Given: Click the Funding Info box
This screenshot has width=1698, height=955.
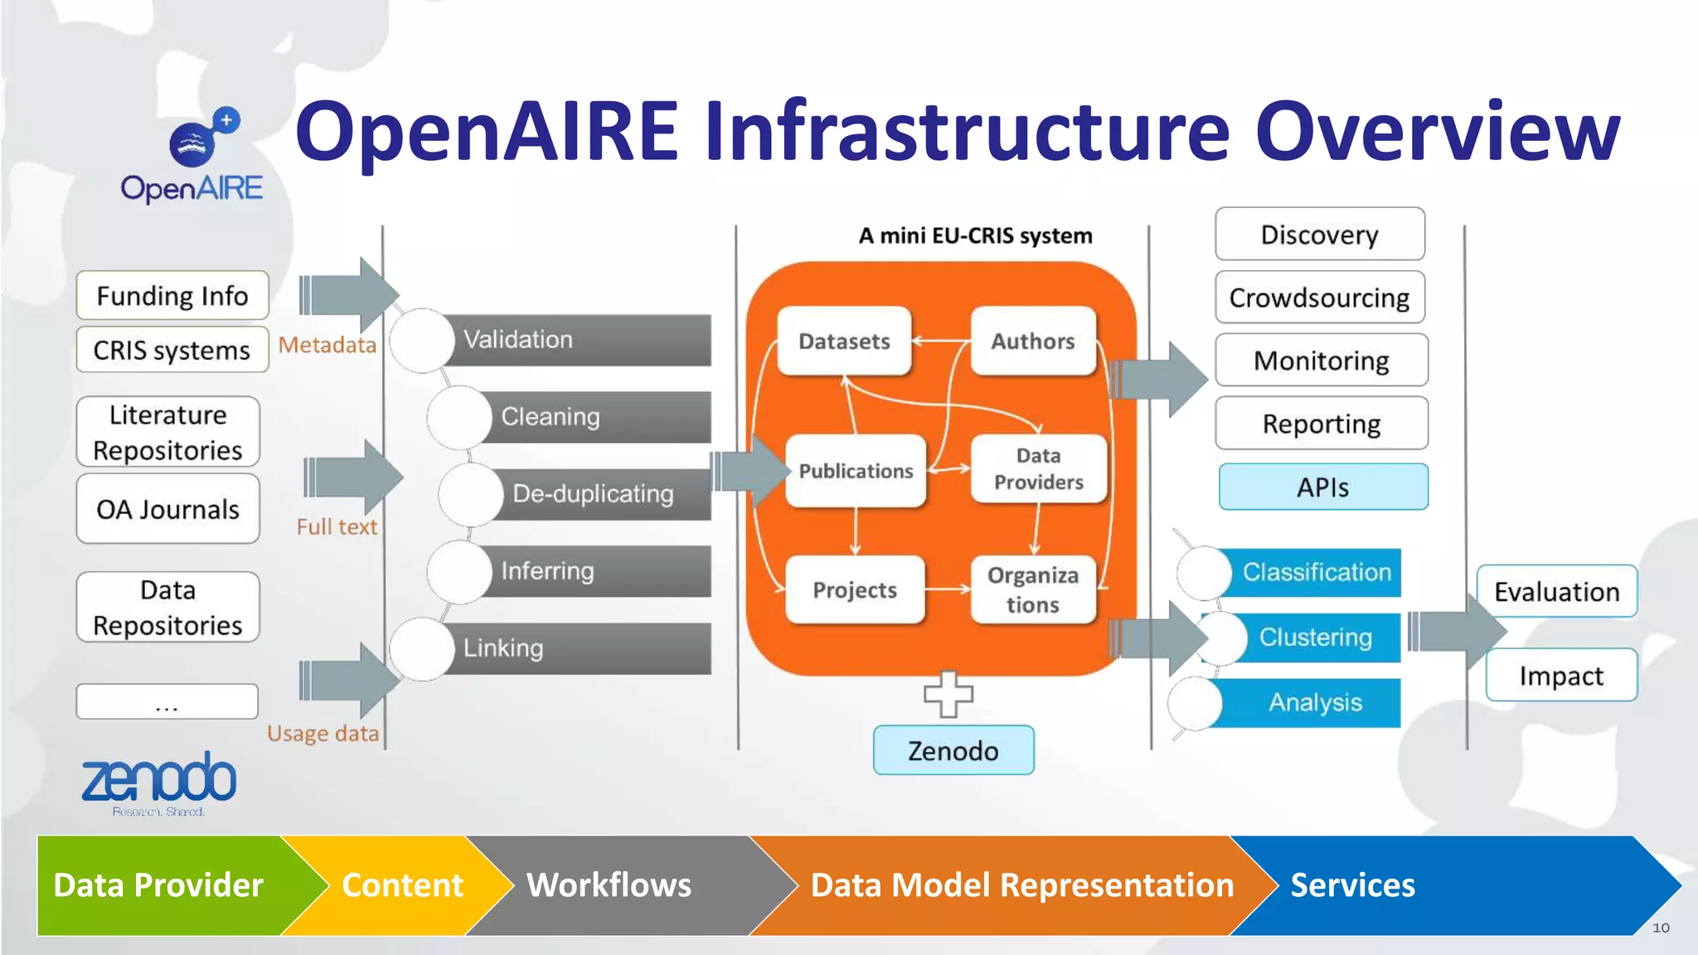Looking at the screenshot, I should pos(172,295).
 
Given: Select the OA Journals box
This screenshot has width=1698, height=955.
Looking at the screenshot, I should pos(167,509).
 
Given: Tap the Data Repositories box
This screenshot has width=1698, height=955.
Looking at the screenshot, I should pos(167,607).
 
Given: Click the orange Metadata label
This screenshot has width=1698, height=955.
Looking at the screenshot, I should pos(327,345).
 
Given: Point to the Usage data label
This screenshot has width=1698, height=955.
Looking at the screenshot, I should pos(323,733).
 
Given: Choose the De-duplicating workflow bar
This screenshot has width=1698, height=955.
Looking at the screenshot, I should pos(593,494).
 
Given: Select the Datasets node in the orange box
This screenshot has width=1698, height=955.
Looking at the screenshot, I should pos(844,341).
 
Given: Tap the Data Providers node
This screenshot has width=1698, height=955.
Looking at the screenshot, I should pos(1038,468).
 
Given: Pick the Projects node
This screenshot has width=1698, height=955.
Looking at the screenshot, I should pos(854,589).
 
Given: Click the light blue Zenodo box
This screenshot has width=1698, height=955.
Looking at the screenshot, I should pos(953,750).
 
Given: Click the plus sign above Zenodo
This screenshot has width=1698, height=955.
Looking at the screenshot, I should pos(948,693).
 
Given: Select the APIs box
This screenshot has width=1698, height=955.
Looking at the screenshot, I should pos(1322,487).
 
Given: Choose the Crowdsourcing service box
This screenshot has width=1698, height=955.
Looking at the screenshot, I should pos(1319,297).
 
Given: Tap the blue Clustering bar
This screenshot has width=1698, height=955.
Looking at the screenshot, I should pos(1316,637).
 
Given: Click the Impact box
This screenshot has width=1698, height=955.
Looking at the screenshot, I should pos(1560,676).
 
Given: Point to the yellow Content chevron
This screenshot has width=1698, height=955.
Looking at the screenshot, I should pos(402,885).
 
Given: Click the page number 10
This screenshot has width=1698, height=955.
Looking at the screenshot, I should pos(1661,928).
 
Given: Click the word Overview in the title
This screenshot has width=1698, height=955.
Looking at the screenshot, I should pos(1437,131).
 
